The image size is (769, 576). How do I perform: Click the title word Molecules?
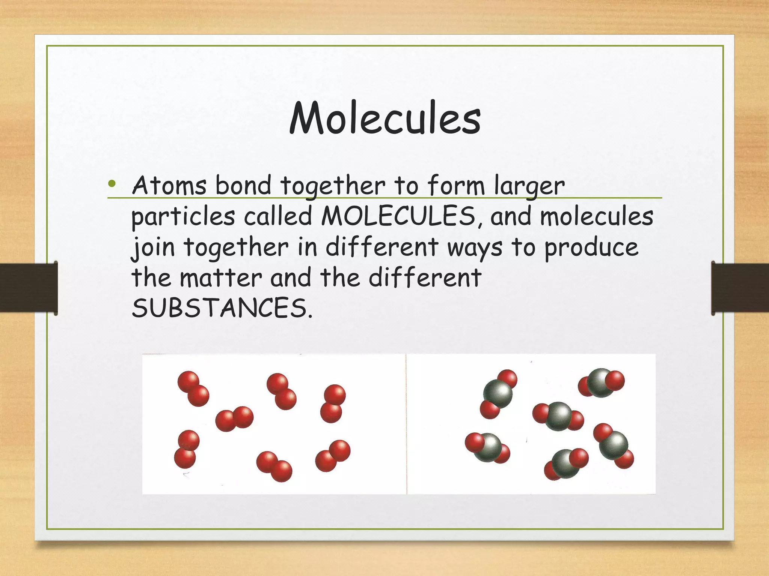coord(385,118)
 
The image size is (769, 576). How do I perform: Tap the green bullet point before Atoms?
coord(112,184)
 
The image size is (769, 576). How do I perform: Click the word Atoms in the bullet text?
coord(169,185)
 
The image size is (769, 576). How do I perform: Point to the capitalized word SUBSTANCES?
coord(222,309)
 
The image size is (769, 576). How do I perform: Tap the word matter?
coord(221,278)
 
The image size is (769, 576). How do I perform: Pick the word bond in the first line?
coord(243,185)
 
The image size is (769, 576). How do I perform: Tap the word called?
coord(278,216)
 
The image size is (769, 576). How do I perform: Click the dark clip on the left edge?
coord(29,288)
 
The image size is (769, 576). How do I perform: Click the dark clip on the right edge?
coord(740,288)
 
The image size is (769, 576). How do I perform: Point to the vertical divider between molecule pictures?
coord(406,424)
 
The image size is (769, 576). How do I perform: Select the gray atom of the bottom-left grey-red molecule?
coord(487,447)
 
